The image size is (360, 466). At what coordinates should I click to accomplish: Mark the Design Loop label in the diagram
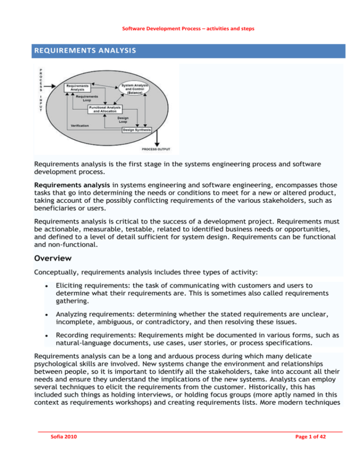pos(123,119)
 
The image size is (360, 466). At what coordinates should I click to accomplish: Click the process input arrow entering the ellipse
pos(57,87)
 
